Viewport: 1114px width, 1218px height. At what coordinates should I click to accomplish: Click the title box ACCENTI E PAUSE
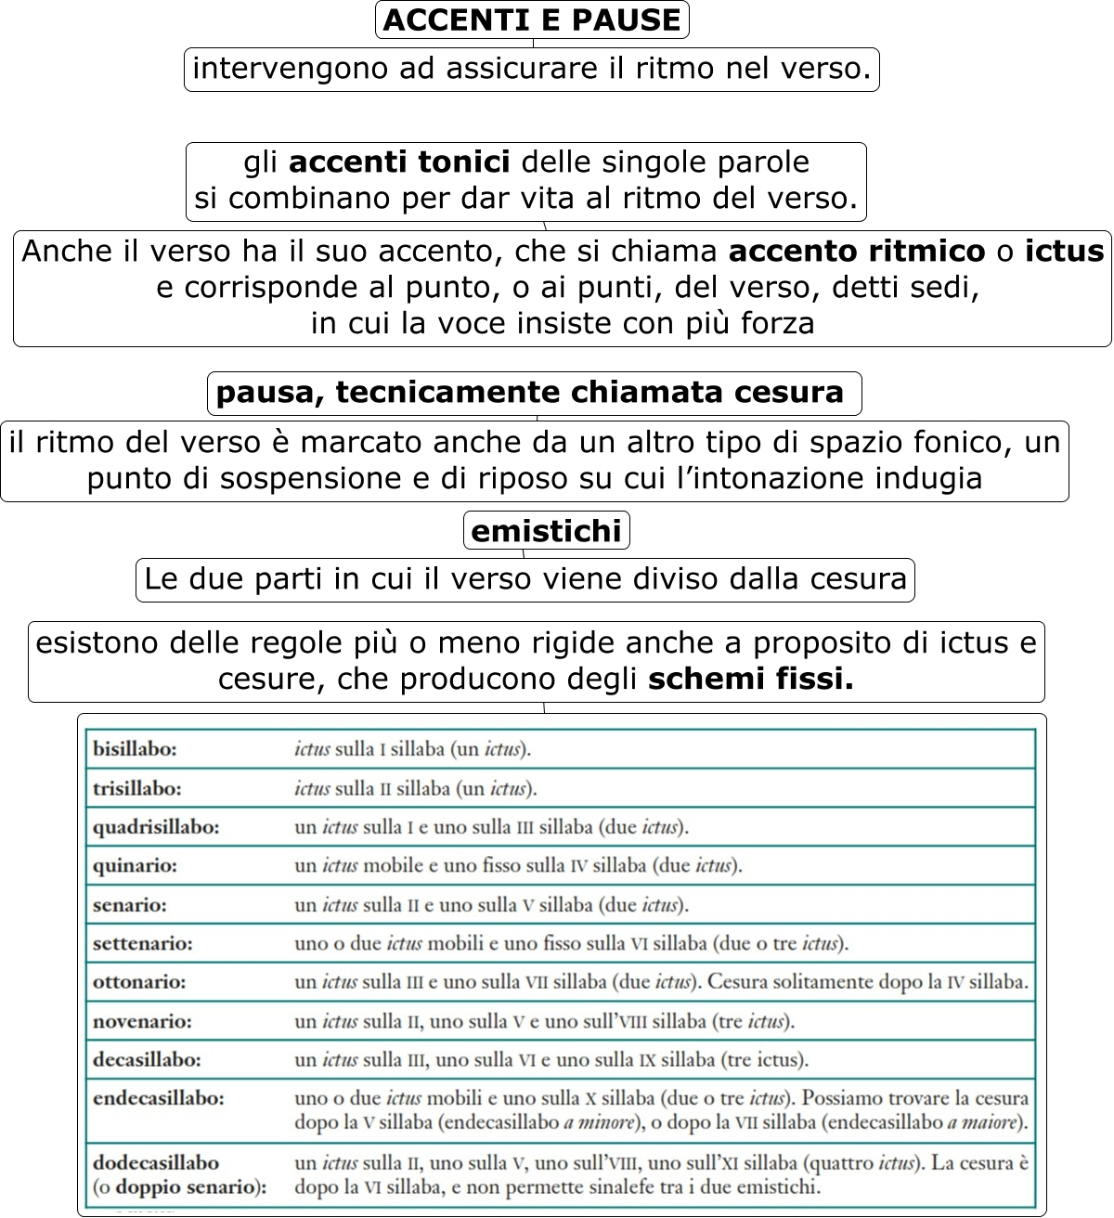click(x=532, y=20)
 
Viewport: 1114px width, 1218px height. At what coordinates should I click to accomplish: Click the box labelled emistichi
click(x=546, y=531)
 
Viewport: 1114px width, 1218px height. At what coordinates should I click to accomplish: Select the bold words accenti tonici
click(x=399, y=162)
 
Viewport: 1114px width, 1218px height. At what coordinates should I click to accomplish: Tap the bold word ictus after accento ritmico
click(x=1064, y=252)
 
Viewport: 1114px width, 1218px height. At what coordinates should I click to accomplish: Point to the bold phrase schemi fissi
click(x=750, y=680)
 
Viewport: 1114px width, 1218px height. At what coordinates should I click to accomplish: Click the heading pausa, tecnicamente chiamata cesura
click(x=530, y=393)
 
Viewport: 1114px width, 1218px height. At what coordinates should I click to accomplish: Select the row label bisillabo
click(x=135, y=749)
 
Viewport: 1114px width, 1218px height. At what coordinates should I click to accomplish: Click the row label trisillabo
click(x=137, y=789)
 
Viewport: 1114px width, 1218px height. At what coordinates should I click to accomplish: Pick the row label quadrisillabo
click(x=156, y=827)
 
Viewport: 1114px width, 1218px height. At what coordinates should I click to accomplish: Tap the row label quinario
click(x=135, y=866)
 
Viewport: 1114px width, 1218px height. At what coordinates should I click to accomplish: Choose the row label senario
click(x=130, y=905)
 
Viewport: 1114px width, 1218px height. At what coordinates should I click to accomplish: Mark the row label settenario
click(x=143, y=944)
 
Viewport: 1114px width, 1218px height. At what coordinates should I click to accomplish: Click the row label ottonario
click(x=139, y=982)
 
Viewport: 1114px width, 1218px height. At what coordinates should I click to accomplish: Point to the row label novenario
click(x=142, y=1022)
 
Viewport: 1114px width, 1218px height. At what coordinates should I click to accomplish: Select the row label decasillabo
click(x=147, y=1060)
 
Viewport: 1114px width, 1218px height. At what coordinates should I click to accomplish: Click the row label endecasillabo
click(x=159, y=1098)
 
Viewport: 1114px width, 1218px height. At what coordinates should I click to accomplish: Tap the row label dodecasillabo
click(x=156, y=1162)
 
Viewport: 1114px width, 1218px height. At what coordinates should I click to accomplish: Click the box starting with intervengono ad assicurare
click(x=531, y=70)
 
